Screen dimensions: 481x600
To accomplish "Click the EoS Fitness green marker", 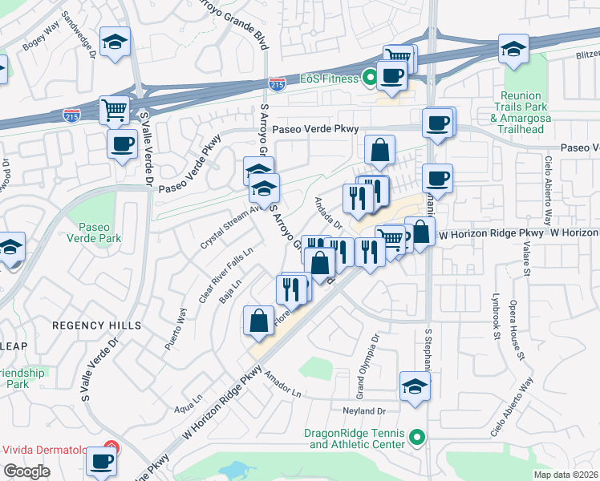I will (x=369, y=79).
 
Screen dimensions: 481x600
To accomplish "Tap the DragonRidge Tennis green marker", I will (x=416, y=438).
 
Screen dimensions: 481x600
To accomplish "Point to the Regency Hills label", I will (x=96, y=325).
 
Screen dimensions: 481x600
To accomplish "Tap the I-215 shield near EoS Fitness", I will (x=276, y=83).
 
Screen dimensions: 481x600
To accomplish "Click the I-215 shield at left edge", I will (x=71, y=115).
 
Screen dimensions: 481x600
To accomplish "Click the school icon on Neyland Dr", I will (x=415, y=386).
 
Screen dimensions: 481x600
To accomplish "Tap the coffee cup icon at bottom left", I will (x=103, y=461).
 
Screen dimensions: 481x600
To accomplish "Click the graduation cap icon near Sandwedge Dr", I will (x=115, y=42).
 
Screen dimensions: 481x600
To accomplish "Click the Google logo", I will (x=26, y=471).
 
